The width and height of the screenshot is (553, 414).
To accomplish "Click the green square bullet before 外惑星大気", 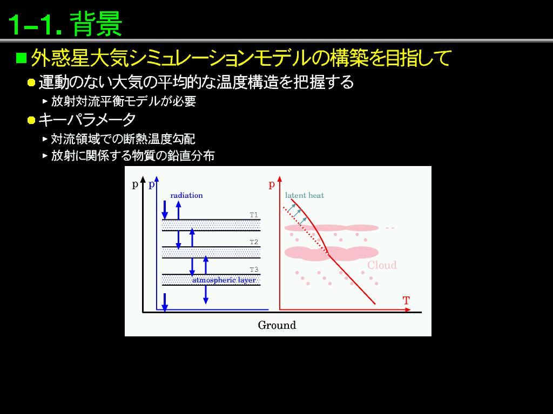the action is [x=22, y=58].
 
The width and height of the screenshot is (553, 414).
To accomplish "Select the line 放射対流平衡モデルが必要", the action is [x=124, y=101].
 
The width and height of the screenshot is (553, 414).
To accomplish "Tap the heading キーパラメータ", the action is [x=87, y=120].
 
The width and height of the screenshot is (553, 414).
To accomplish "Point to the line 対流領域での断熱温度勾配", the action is [x=123, y=139].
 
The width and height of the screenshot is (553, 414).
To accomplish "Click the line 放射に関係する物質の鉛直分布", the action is [x=133, y=155].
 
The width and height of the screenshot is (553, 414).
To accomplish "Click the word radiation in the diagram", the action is [x=186, y=195].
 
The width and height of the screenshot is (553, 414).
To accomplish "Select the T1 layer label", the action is [x=254, y=215].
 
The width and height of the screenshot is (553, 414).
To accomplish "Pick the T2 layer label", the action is [x=254, y=242].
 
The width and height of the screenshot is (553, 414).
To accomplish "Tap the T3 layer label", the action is [x=254, y=270].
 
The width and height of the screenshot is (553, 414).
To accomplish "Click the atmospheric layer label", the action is [x=224, y=280].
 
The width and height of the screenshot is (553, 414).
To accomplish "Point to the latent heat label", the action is [x=305, y=195].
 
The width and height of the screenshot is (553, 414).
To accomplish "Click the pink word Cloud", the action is [x=382, y=265].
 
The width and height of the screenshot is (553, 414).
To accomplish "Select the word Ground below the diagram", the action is [x=277, y=325].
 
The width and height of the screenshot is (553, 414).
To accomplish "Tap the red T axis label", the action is [x=406, y=301].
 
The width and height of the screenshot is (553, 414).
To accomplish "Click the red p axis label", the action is [x=272, y=184].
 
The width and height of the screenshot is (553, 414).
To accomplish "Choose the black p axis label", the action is [x=135, y=184].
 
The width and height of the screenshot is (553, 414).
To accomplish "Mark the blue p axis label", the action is [x=152, y=184].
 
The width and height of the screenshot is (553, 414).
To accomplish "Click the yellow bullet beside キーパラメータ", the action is [x=31, y=120].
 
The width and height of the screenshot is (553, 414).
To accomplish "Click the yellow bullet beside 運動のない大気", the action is [x=31, y=82].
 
